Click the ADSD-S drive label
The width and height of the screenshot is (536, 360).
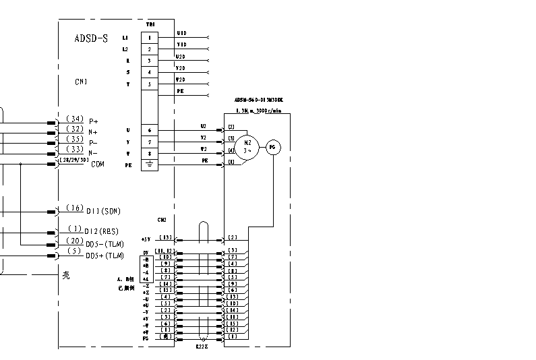tap(91, 38)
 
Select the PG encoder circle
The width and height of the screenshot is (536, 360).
tap(272, 147)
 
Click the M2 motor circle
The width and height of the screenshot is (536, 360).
tap(247, 146)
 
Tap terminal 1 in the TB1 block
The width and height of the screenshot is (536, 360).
tap(150, 38)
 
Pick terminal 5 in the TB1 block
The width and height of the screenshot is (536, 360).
tap(150, 84)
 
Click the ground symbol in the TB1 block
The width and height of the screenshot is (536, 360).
tap(150, 164)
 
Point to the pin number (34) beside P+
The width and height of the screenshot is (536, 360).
tap(75, 119)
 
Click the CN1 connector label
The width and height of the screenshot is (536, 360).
tap(81, 82)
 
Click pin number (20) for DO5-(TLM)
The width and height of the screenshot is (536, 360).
tap(75, 241)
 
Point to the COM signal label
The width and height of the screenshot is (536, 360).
tap(98, 164)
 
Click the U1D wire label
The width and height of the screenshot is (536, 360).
tap(181, 33)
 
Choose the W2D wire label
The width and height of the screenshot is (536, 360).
tap(181, 80)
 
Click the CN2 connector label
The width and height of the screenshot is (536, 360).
tap(162, 220)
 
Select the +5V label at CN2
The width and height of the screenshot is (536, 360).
tap(146, 239)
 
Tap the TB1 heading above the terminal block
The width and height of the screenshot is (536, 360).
tap(150, 24)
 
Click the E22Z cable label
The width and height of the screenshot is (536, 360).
tap(202, 346)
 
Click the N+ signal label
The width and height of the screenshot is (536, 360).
tap(93, 132)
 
